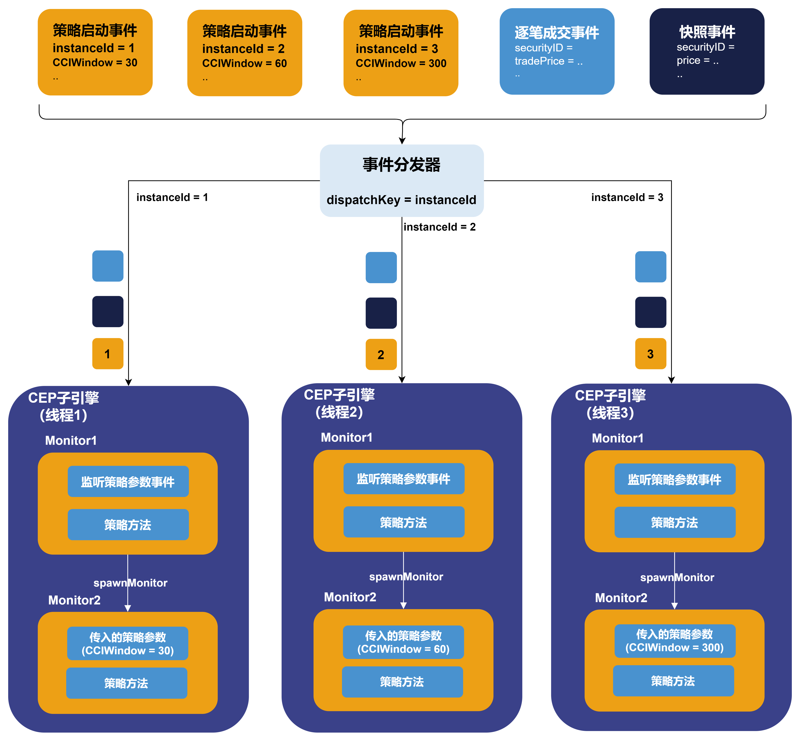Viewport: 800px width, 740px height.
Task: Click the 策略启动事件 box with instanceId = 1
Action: pos(95,52)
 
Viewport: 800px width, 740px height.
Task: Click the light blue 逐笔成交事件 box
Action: pos(557,51)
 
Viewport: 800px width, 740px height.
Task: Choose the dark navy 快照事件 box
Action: pos(707,51)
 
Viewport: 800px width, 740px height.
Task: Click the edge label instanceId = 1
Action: pos(172,197)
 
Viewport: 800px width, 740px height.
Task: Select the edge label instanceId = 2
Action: pos(439,227)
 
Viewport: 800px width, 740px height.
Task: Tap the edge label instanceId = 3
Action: pos(627,197)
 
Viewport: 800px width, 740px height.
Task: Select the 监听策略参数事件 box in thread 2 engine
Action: pos(404,479)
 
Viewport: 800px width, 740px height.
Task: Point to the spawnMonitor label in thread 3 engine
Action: pos(677,578)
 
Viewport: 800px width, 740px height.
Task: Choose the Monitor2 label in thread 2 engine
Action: pos(350,597)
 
